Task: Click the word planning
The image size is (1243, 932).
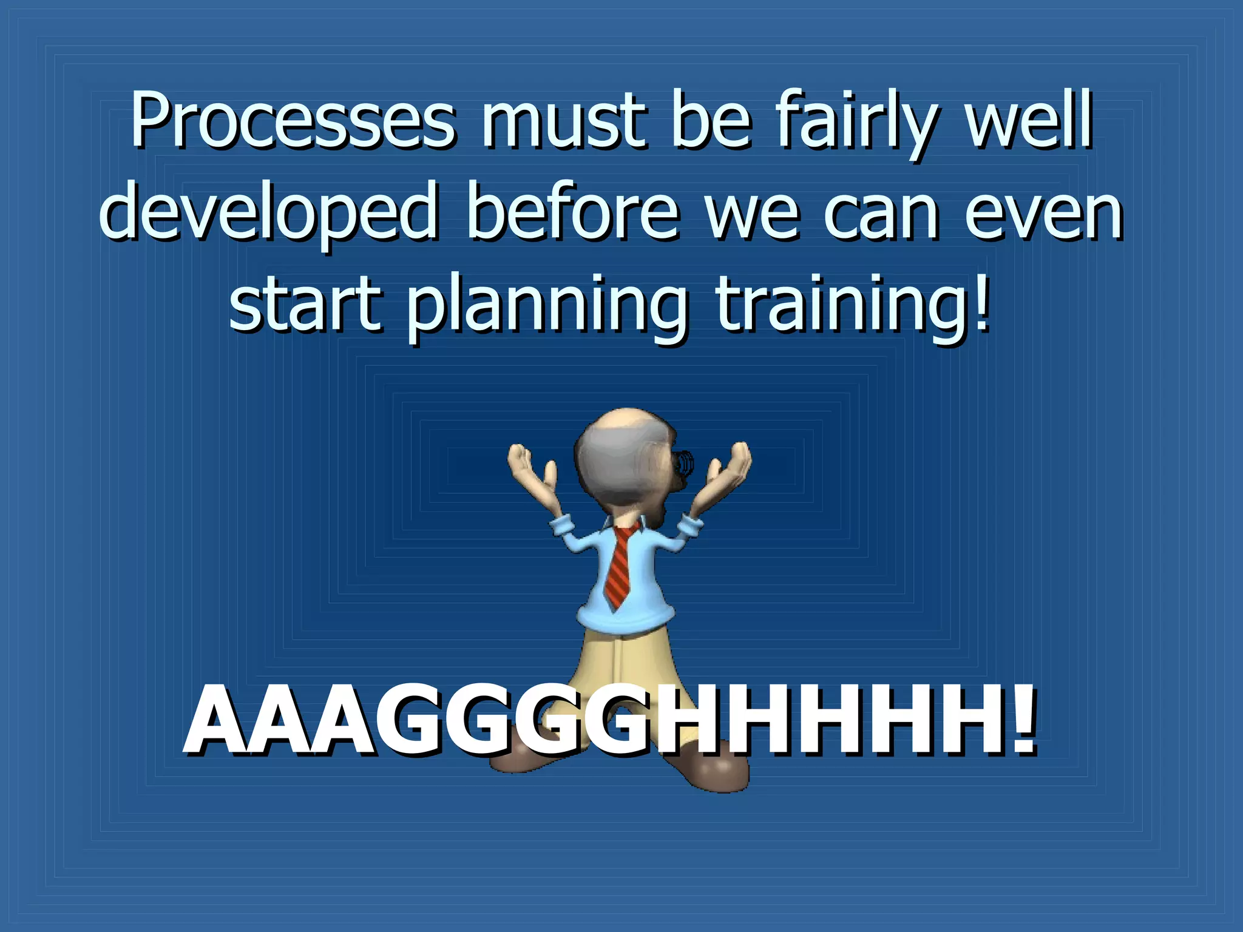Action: pos(547,306)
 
